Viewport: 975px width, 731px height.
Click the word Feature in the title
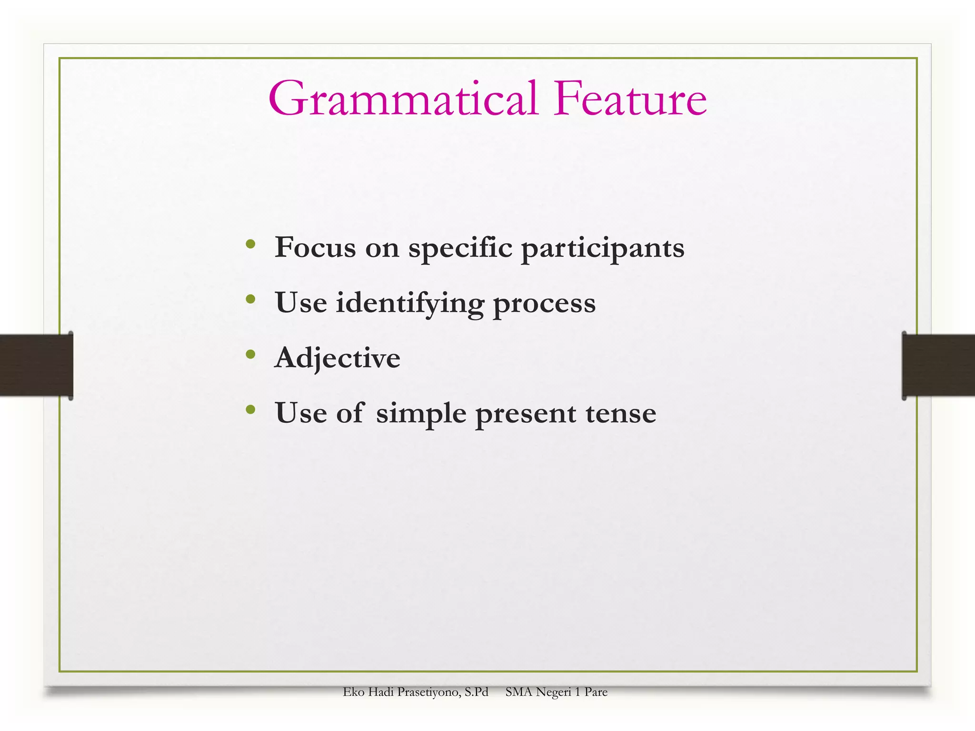click(x=629, y=99)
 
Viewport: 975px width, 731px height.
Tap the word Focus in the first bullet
click(x=315, y=247)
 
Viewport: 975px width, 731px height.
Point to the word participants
click(x=603, y=248)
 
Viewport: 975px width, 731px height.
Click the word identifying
click(x=410, y=303)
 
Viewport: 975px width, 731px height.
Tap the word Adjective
click(x=337, y=358)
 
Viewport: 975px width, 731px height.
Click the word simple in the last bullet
click(x=421, y=414)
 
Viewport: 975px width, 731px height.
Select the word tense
click(x=621, y=413)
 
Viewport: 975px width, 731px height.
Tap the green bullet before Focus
click(x=250, y=244)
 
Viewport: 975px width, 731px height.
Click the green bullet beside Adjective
click(x=250, y=355)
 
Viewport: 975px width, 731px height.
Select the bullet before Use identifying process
click(x=250, y=299)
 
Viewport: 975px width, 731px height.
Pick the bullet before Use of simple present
click(x=250, y=409)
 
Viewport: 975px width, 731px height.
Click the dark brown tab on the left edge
click(x=36, y=365)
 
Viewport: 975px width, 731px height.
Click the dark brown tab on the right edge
click(x=939, y=365)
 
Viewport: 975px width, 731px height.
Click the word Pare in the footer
click(x=596, y=692)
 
